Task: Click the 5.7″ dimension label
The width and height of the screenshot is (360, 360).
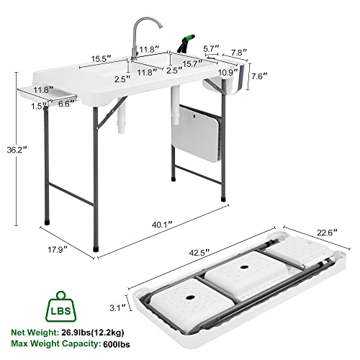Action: point(212,48)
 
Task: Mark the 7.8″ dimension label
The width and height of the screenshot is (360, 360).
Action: point(238,52)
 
